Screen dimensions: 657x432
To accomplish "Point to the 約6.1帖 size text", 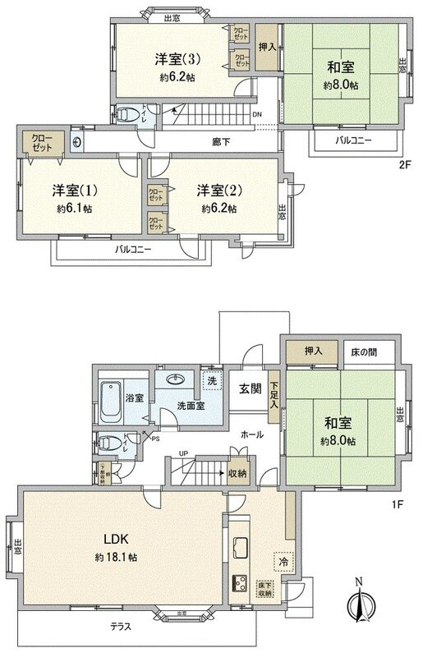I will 76,209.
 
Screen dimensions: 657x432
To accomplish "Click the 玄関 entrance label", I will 251,387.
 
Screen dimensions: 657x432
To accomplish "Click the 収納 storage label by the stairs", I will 238,474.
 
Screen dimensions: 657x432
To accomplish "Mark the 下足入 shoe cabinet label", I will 273,394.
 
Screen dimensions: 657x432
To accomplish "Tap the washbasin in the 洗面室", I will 175,380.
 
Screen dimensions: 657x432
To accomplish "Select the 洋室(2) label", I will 217,191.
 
